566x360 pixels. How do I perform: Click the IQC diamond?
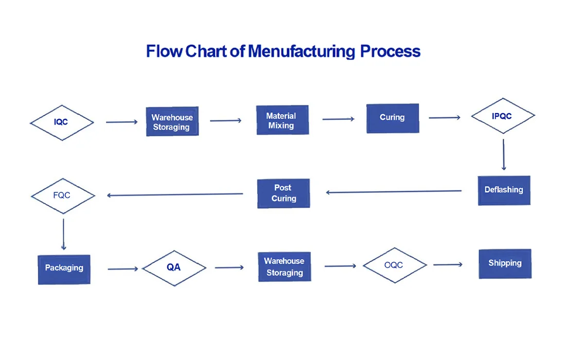point(62,122)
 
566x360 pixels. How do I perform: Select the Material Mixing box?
point(282,120)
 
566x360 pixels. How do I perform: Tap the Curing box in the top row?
point(392,118)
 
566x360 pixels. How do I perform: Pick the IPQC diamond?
point(503,116)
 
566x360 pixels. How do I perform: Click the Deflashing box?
point(504,190)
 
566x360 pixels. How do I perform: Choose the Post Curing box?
point(284,193)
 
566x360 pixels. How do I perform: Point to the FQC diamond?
point(63,196)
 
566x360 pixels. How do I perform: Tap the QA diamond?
point(174,268)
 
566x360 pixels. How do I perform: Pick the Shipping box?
point(505,264)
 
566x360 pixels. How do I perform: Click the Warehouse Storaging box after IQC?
point(172,122)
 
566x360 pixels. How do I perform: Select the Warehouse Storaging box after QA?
point(284,267)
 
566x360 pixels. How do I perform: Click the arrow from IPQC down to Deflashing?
point(503,154)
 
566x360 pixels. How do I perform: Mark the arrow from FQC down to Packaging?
point(63,234)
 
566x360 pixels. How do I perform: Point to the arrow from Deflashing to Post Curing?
point(394,192)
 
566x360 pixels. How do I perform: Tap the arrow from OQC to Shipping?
point(448,265)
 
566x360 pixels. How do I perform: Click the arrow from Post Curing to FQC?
point(175,194)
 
